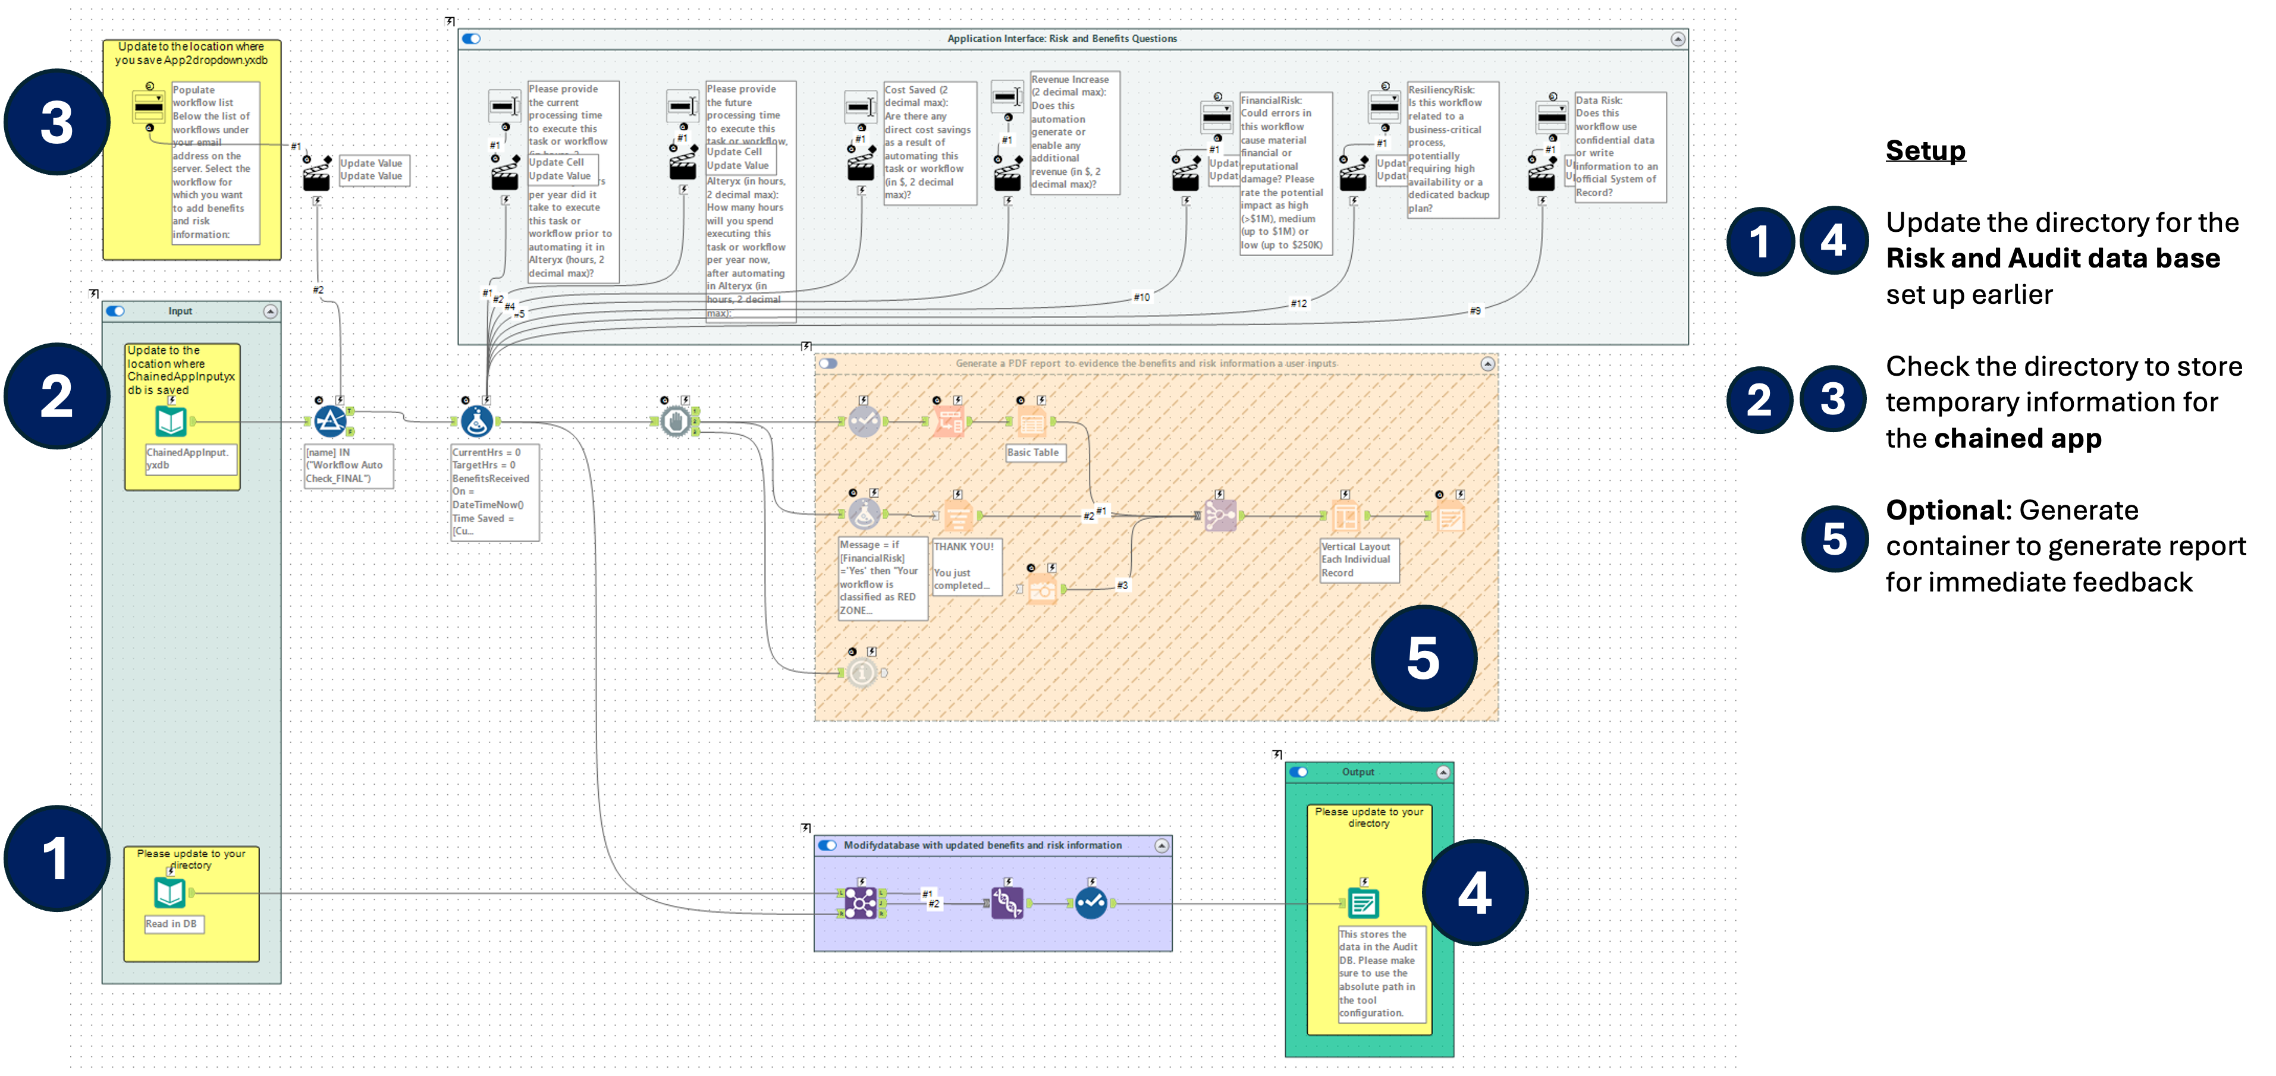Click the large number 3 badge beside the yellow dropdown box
[x=56, y=122]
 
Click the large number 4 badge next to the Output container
[x=1475, y=892]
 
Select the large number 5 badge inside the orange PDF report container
[x=1423, y=658]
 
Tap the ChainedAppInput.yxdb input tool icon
[x=171, y=421]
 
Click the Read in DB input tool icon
[x=169, y=893]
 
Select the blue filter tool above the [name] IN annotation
[x=331, y=421]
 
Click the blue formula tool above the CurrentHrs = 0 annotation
[x=477, y=421]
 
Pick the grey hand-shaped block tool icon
[x=676, y=421]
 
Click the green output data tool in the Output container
[x=1363, y=903]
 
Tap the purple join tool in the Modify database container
[x=861, y=903]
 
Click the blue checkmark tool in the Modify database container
[x=1091, y=903]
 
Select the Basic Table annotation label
[x=1034, y=452]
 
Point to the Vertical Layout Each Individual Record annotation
[x=1358, y=560]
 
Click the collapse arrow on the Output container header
[x=1443, y=772]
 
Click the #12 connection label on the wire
[x=1298, y=304]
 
